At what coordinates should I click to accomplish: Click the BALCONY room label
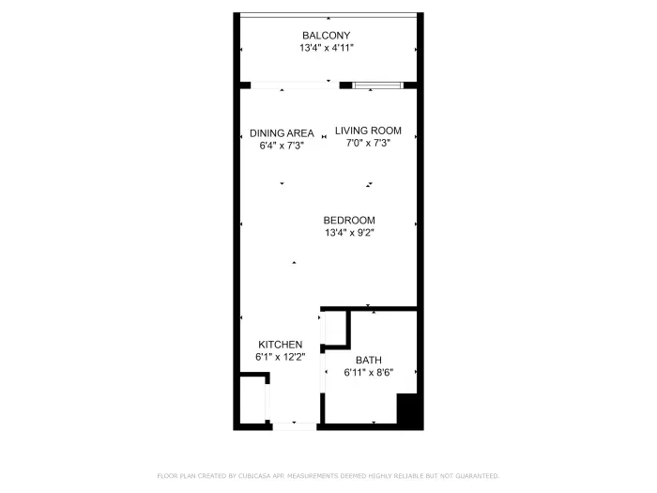[x=326, y=35]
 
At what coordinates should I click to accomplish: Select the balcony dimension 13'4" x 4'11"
[x=326, y=47]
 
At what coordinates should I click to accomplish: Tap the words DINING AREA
[x=282, y=133]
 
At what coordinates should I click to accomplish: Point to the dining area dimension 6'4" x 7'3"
[x=282, y=146]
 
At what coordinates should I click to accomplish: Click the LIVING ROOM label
[x=368, y=131]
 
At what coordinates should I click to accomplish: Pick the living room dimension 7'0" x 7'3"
[x=368, y=143]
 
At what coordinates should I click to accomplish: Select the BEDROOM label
[x=349, y=221]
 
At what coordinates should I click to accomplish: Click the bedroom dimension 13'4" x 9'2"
[x=349, y=233]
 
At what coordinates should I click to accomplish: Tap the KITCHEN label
[x=280, y=345]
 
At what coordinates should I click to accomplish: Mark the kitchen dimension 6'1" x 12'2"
[x=280, y=357]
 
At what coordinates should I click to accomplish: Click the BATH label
[x=368, y=360]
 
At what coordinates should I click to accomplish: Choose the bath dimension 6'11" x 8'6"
[x=368, y=372]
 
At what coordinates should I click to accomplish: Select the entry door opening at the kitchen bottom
[x=294, y=426]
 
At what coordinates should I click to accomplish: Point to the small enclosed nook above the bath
[x=335, y=329]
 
